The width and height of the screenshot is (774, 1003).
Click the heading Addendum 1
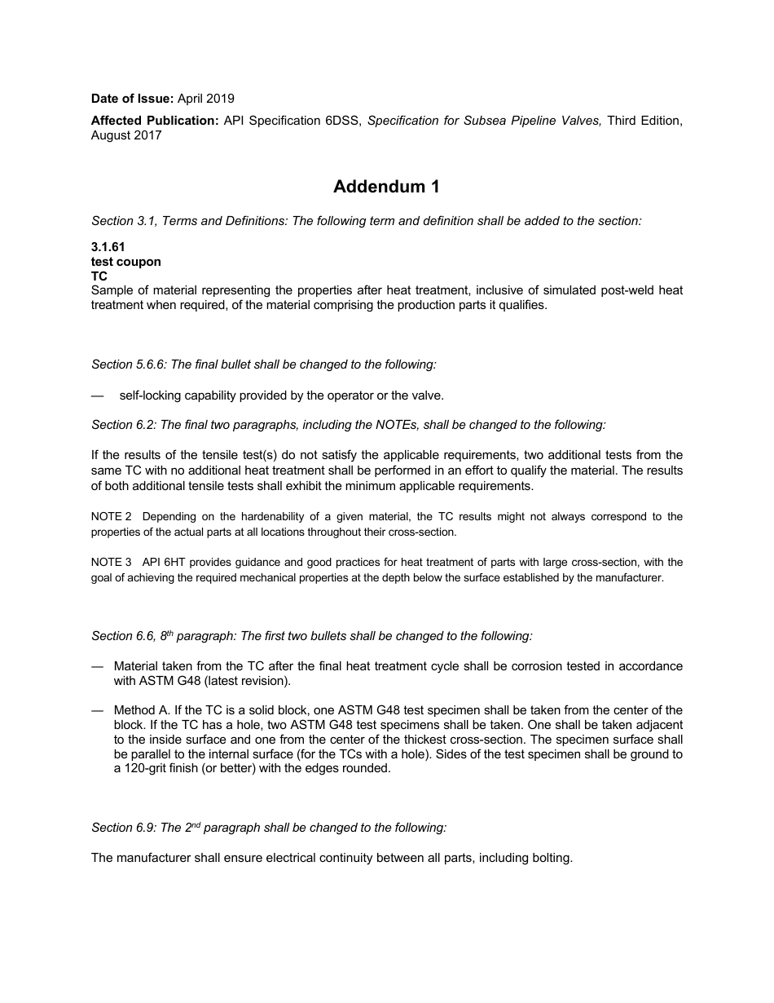(386, 187)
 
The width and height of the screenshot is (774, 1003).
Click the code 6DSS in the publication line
(343, 121)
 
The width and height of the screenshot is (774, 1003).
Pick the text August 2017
(126, 135)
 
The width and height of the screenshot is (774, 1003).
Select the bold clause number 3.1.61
(108, 247)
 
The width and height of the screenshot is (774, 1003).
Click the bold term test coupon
(126, 262)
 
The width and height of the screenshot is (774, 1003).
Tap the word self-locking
(152, 395)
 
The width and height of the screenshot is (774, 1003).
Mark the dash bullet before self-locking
(98, 395)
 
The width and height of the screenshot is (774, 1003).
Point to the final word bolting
(552, 858)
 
